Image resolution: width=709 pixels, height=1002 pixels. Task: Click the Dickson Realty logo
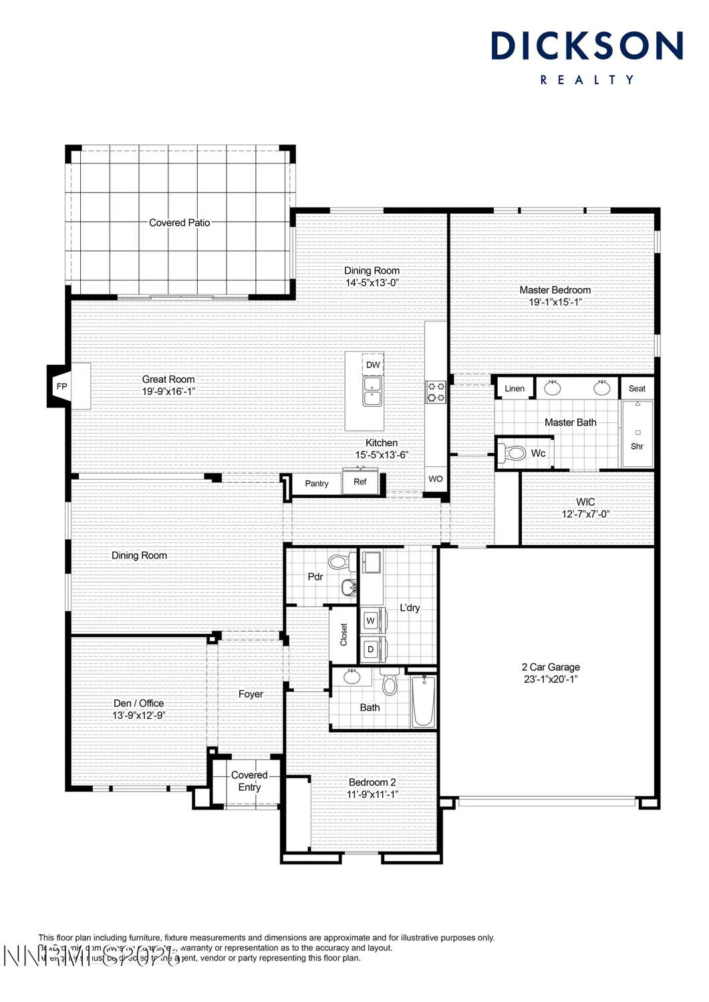[x=587, y=57]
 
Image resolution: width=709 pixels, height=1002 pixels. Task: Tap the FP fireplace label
[x=62, y=387]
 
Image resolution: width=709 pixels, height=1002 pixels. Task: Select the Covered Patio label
[x=179, y=222]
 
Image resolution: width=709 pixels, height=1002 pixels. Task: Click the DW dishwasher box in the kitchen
[x=373, y=365]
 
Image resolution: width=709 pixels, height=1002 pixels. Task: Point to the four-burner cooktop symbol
[x=436, y=391]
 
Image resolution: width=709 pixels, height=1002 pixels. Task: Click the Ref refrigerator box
[x=360, y=482]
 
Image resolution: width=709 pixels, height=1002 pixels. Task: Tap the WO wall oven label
[x=436, y=479]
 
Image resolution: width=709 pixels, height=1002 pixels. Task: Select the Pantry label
[x=317, y=484]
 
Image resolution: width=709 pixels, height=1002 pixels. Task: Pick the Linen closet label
[x=515, y=389]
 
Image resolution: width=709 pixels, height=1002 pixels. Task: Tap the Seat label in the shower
[x=637, y=389]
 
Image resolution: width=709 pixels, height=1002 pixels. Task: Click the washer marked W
[x=371, y=621]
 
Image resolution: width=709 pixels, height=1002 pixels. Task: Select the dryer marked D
[x=371, y=649]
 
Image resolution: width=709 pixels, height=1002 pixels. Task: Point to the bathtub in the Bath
[x=423, y=701]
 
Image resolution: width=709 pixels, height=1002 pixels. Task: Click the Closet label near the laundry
[x=344, y=635]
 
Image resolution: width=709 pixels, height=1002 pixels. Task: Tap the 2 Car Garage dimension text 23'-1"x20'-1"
[x=551, y=679]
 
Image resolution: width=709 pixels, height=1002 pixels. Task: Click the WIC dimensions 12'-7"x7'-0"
[x=585, y=514]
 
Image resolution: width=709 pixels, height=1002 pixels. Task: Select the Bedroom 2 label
[x=372, y=782]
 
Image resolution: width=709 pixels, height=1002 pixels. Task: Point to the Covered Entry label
[x=249, y=781]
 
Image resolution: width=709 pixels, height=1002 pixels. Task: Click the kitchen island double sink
[x=372, y=391]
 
